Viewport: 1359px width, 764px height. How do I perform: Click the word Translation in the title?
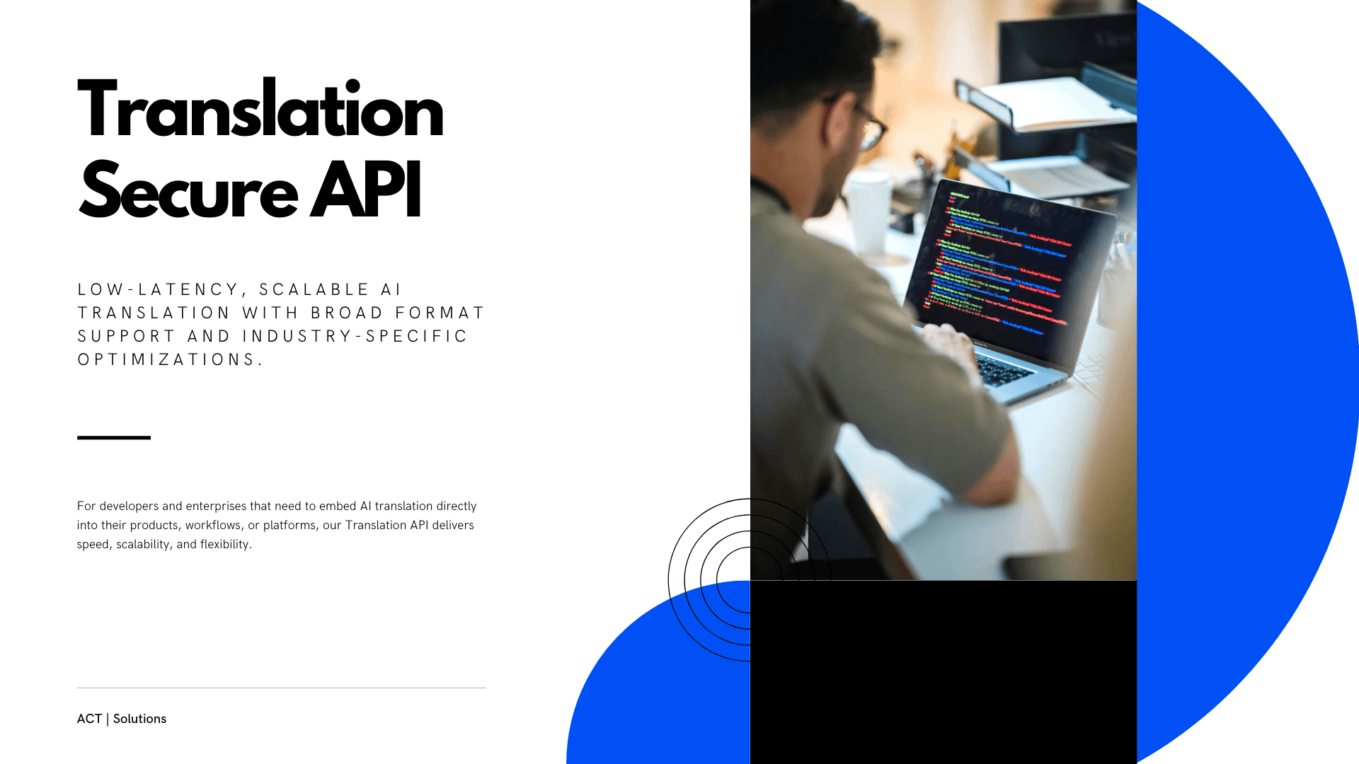(x=260, y=110)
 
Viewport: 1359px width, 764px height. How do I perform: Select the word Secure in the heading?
(x=188, y=191)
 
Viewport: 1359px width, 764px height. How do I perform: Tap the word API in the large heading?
(x=366, y=191)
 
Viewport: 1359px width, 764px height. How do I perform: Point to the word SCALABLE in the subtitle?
(x=314, y=289)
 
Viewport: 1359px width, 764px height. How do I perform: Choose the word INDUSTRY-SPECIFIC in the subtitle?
(x=355, y=336)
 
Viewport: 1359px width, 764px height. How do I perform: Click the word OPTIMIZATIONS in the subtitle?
(x=170, y=359)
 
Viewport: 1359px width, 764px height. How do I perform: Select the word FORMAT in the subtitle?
(x=440, y=313)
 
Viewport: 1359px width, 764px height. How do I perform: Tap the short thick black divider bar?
(x=114, y=438)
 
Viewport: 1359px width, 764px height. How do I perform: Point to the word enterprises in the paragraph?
(x=216, y=507)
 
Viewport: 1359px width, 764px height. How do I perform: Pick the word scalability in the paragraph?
(x=143, y=545)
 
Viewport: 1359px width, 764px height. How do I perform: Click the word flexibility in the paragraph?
(x=225, y=545)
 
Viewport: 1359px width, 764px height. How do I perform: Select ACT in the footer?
(x=89, y=719)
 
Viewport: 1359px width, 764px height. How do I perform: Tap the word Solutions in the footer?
(x=139, y=719)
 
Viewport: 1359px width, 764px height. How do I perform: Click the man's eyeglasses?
(x=867, y=124)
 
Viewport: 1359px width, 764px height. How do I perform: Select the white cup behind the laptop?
(x=868, y=212)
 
